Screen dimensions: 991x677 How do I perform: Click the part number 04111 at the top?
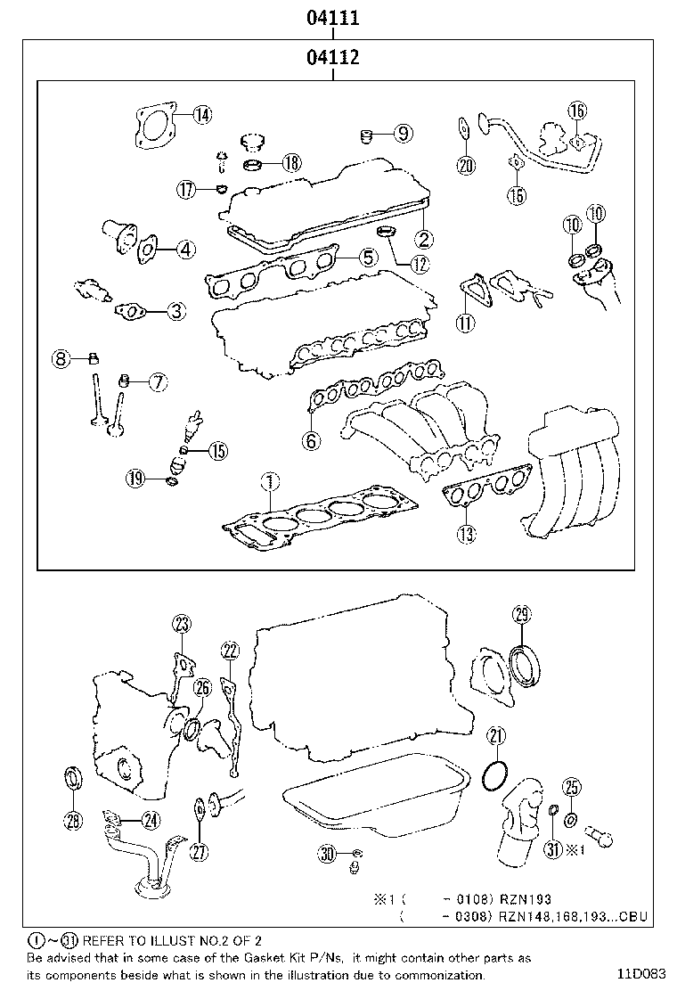pyautogui.click(x=332, y=17)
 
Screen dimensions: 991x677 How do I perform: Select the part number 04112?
pyautogui.click(x=332, y=59)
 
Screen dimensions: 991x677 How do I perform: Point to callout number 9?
pyautogui.click(x=403, y=134)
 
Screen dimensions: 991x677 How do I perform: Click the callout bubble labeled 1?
pyautogui.click(x=269, y=482)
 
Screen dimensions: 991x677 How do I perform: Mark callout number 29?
pyautogui.click(x=522, y=613)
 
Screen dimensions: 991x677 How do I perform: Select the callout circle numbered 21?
pyautogui.click(x=496, y=735)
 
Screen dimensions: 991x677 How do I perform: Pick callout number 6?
pyautogui.click(x=310, y=439)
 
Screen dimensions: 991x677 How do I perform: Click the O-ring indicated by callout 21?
pyautogui.click(x=494, y=775)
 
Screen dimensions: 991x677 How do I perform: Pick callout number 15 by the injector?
pyautogui.click(x=217, y=451)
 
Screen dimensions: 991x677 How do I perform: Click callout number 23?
pyautogui.click(x=182, y=624)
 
